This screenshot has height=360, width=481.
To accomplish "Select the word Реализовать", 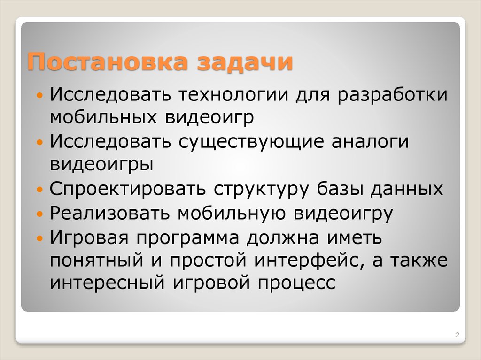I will (111, 213).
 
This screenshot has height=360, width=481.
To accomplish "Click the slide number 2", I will (457, 335).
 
